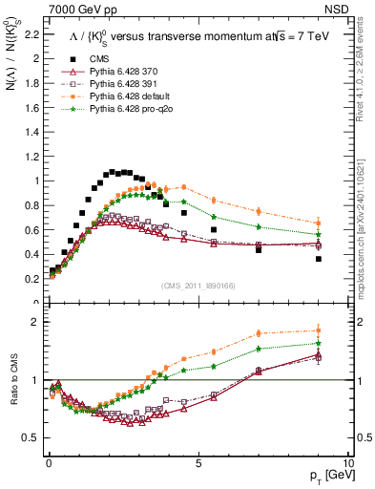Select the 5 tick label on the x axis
(x=198, y=462)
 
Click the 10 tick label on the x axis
(x=347, y=462)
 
